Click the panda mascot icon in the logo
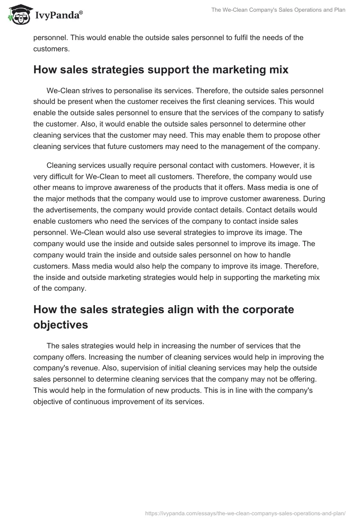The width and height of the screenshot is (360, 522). (x=18, y=15)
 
